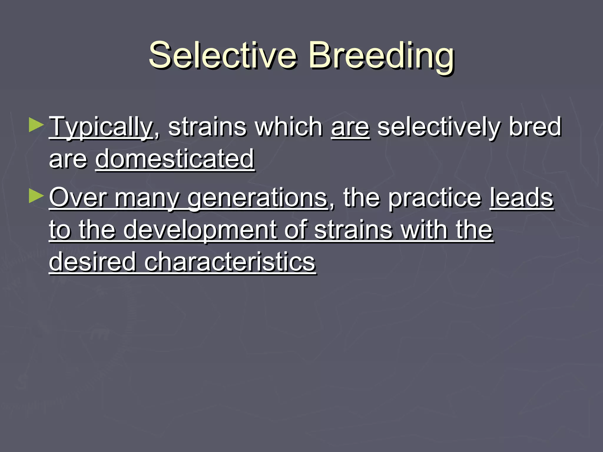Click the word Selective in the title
click(223, 55)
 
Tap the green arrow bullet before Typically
click(36, 125)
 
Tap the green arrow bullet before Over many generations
click(36, 196)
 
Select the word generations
click(257, 198)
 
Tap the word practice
click(435, 198)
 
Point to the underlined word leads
click(521, 198)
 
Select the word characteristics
click(230, 262)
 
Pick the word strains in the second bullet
click(353, 230)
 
